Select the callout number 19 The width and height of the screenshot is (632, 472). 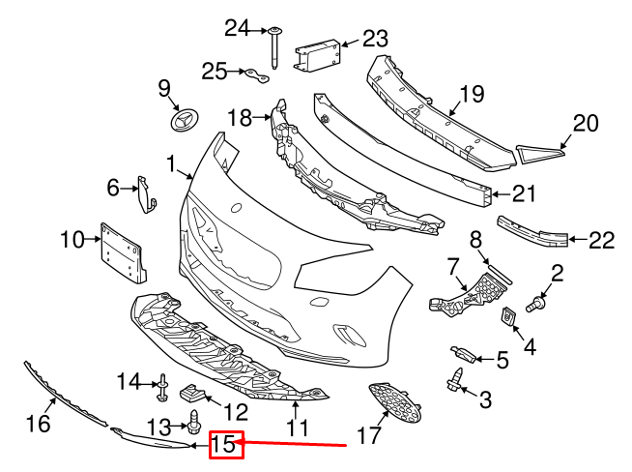(x=471, y=94)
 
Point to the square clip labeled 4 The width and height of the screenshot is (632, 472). (x=507, y=316)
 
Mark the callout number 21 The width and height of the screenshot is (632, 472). (x=523, y=193)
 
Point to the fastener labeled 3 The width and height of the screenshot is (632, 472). (x=453, y=383)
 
